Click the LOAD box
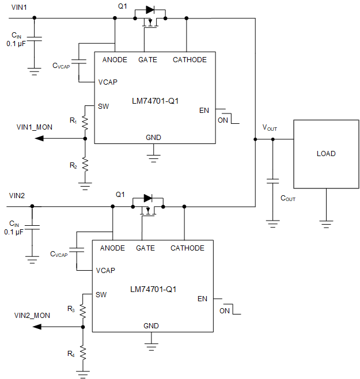(325, 154)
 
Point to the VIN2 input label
(17, 195)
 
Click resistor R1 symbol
(85, 122)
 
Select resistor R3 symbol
(82, 310)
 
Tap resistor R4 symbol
(82, 353)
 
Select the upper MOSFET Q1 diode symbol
(150, 10)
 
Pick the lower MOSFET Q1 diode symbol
(147, 198)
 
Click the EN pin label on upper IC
(204, 110)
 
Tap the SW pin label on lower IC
(101, 294)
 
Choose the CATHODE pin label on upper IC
(190, 60)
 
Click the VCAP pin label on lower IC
(105, 270)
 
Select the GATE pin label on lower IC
(145, 248)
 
